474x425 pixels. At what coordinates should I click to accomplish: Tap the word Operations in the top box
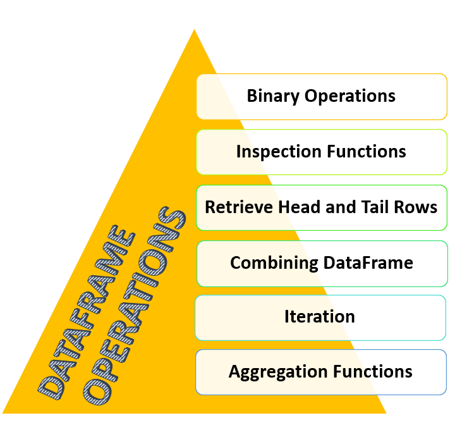pyautogui.click(x=349, y=97)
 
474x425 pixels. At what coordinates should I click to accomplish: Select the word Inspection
pyautogui.click(x=279, y=152)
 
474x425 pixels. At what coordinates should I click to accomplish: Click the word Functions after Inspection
pyautogui.click(x=367, y=151)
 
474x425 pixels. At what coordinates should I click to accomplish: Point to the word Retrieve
pyautogui.click(x=238, y=207)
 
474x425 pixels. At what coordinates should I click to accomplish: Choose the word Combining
pyautogui.click(x=274, y=263)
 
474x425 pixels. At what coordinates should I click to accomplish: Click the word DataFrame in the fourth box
pyautogui.click(x=368, y=262)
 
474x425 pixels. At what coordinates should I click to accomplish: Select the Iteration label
pyautogui.click(x=320, y=317)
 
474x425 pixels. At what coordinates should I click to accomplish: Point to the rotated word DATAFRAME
pyautogui.click(x=87, y=312)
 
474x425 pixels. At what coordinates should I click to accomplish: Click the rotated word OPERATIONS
pyautogui.click(x=134, y=305)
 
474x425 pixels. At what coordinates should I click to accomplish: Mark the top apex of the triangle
pyautogui.click(x=195, y=29)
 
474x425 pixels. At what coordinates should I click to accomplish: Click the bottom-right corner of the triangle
pyautogui.click(x=386, y=413)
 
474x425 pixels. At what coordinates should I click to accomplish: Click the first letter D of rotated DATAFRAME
pyautogui.click(x=51, y=388)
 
